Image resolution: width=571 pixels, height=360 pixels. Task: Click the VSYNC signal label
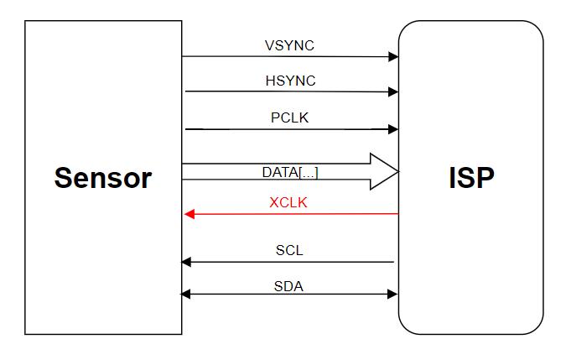tap(289, 46)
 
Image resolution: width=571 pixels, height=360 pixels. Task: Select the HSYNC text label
tap(290, 81)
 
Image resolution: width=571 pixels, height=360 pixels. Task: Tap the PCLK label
tap(289, 117)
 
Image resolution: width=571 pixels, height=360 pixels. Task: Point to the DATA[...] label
tap(289, 172)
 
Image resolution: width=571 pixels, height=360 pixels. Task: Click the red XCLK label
tap(288, 202)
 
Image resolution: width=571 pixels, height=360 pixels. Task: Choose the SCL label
tap(289, 250)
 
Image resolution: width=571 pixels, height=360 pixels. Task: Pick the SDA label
tap(288, 286)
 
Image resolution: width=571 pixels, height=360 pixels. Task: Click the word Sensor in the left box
tap(103, 178)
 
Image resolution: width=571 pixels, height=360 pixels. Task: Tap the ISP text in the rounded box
tap(471, 178)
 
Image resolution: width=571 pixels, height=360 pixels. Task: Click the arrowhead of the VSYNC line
tap(392, 57)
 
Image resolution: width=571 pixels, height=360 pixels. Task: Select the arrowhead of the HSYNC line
tap(392, 91)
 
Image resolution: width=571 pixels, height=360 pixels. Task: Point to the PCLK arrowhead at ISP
tap(392, 129)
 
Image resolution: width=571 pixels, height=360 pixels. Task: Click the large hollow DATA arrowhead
tap(384, 171)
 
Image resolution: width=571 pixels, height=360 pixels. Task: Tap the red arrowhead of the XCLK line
tap(189, 214)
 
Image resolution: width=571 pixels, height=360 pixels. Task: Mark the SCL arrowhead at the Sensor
tap(187, 262)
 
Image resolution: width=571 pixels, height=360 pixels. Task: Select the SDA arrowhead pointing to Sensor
tap(187, 294)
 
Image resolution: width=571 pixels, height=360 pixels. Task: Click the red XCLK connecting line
tap(293, 214)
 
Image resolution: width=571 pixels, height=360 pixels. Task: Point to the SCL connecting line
tap(293, 262)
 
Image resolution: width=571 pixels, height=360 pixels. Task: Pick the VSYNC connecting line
tap(285, 57)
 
